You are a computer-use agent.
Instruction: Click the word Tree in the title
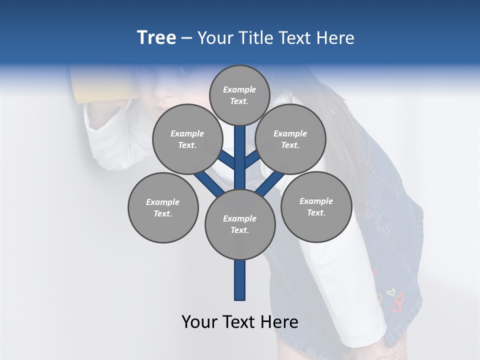(156, 37)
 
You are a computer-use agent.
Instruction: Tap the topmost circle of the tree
(239, 95)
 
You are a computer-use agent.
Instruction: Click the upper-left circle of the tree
(187, 139)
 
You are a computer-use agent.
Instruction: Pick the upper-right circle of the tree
(290, 139)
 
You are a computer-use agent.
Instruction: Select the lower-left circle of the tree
(163, 207)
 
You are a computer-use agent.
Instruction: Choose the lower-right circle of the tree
(316, 206)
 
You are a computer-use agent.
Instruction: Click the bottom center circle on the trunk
(240, 224)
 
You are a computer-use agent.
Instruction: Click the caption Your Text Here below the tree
(240, 322)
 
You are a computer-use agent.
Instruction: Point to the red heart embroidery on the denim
(398, 302)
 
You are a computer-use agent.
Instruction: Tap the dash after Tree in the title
(186, 38)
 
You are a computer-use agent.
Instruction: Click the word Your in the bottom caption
(199, 322)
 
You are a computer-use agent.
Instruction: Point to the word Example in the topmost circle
(239, 89)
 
